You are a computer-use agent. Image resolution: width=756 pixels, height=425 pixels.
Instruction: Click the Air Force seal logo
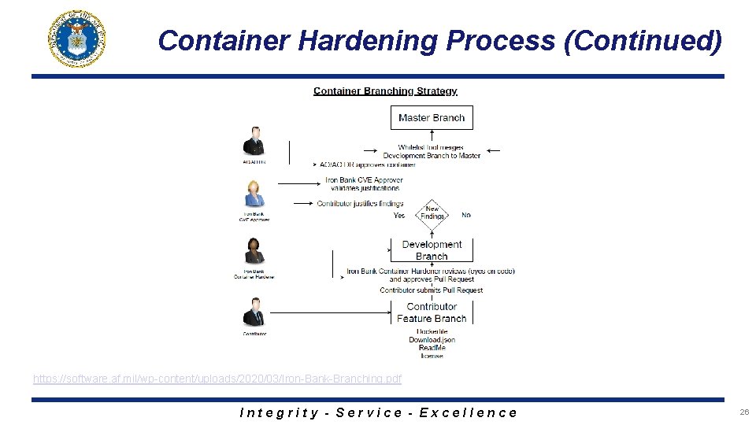77,39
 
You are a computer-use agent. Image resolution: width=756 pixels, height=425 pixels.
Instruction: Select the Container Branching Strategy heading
385,91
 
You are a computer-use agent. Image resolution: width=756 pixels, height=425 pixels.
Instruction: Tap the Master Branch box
432,117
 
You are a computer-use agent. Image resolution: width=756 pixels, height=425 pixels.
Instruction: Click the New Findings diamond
432,214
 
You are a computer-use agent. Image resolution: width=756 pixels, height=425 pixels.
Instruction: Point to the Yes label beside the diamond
399,215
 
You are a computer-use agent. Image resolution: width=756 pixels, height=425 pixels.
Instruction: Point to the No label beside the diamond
466,215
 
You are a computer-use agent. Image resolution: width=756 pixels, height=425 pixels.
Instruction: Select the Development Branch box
432,249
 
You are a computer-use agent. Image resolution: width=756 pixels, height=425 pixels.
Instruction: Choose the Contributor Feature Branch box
432,312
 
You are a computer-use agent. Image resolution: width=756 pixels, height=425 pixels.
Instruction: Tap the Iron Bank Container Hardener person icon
254,252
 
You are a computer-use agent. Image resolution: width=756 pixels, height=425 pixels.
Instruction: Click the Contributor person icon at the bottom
254,312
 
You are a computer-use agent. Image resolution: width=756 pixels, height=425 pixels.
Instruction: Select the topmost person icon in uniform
254,141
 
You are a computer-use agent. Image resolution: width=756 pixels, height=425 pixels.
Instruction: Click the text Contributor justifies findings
360,204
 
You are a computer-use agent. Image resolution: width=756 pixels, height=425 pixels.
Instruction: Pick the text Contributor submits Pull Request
432,290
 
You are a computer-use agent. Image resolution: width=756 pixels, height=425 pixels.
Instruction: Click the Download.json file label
432,339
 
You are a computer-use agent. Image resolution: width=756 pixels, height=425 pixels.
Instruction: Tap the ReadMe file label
432,347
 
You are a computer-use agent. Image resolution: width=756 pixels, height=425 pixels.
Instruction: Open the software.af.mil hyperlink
217,379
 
